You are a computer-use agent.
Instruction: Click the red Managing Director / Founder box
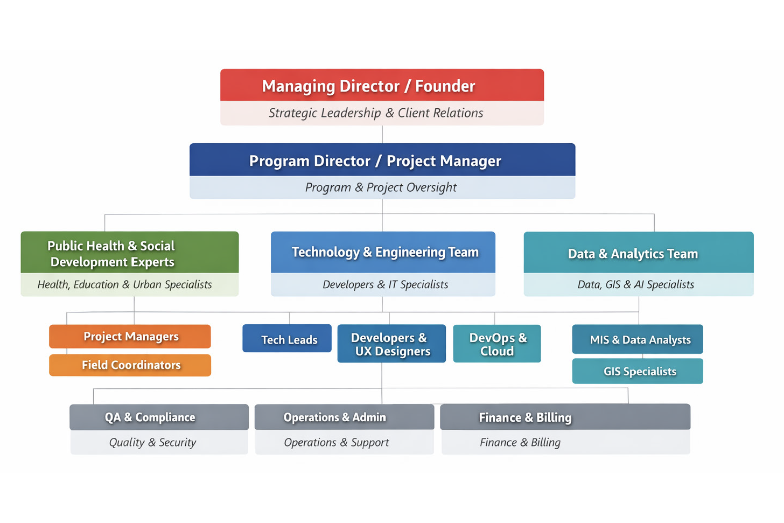point(382,86)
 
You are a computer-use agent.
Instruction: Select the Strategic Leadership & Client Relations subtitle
point(376,113)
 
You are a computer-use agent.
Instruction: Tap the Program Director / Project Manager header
point(382,161)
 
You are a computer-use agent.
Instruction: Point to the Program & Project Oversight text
point(381,187)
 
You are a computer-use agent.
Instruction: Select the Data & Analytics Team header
point(638,253)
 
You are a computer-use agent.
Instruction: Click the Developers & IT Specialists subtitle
point(385,284)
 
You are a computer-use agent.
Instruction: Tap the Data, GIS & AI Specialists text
point(635,284)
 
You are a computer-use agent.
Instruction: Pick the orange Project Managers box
point(130,337)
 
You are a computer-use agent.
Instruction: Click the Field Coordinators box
point(130,365)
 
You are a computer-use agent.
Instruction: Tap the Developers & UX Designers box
point(391,344)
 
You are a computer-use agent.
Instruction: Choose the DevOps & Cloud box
point(497,344)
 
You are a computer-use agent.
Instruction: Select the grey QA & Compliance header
point(159,417)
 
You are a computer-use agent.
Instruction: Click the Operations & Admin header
point(344,417)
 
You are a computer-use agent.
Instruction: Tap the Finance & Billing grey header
point(565,417)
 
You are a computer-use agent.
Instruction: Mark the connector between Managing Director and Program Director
point(382,134)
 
